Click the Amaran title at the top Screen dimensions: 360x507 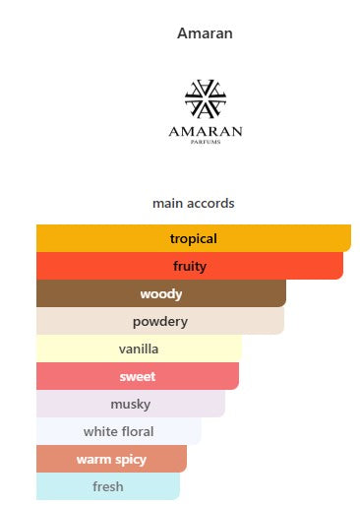pos(205,33)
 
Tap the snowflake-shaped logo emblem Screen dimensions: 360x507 pos(206,98)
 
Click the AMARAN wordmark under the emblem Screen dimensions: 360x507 pos(206,132)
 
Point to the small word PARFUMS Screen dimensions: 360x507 pos(206,142)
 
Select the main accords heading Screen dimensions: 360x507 pos(194,204)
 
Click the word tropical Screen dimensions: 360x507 pos(194,239)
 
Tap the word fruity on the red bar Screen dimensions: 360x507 pos(190,266)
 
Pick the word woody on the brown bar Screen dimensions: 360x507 pos(161,294)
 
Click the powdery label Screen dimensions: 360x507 pos(160,322)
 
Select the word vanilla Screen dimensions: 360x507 pos(139,349)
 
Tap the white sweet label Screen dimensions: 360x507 pos(138,376)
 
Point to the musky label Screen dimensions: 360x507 pos(131,405)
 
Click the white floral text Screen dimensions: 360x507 pos(118,431)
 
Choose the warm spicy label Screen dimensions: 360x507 pos(111,460)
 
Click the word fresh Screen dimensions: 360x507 pos(108,486)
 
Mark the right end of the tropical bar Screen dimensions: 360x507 pos(350,238)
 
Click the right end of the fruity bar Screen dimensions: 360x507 pos(342,266)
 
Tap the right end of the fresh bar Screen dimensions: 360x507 pos(179,486)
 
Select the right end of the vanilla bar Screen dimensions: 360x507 pos(242,349)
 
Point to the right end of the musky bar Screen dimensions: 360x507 pos(224,404)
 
